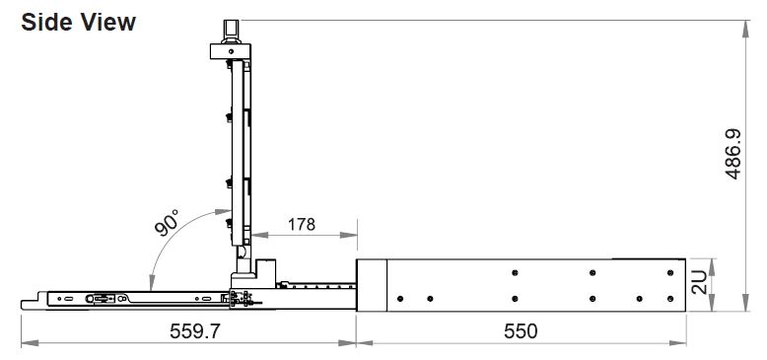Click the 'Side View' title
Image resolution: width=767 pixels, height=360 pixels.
[78, 23]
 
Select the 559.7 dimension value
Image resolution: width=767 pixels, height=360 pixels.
[195, 331]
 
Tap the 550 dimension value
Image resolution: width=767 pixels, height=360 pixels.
[521, 331]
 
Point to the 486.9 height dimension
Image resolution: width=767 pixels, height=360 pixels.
[732, 154]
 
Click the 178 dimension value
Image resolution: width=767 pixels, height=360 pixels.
[302, 224]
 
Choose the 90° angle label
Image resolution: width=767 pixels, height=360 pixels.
[167, 222]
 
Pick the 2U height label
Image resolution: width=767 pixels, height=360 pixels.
[700, 282]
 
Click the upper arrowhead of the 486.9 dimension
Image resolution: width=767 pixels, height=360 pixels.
[745, 29]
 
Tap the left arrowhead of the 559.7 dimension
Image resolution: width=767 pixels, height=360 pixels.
[30, 343]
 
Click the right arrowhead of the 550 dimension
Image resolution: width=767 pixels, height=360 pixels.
[678, 343]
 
